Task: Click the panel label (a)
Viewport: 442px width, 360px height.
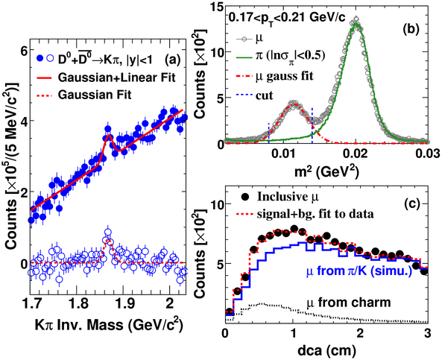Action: click(x=172, y=60)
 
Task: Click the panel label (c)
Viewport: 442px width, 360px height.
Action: click(x=412, y=203)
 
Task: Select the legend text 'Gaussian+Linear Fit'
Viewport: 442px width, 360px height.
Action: click(x=117, y=78)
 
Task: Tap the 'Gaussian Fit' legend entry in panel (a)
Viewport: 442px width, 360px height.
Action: click(x=95, y=95)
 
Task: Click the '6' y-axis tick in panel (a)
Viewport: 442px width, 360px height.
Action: click(x=22, y=51)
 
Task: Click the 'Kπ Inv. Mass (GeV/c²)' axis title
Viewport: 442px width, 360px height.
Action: click(x=109, y=324)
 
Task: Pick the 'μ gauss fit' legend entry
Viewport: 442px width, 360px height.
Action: click(x=284, y=76)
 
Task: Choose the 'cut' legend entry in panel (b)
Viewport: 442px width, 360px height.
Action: click(x=265, y=95)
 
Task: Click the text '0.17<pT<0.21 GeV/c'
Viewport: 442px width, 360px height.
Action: click(x=287, y=17)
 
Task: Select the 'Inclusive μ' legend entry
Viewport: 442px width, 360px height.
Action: click(x=288, y=197)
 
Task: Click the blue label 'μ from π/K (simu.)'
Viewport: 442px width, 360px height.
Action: click(x=359, y=271)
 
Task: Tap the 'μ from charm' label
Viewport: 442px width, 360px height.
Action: click(x=349, y=303)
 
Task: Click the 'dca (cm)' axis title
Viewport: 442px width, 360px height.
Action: click(x=326, y=351)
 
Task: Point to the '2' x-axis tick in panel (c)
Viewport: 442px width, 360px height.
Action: click(x=360, y=334)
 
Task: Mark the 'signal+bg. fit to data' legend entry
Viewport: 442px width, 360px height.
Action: click(x=315, y=214)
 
